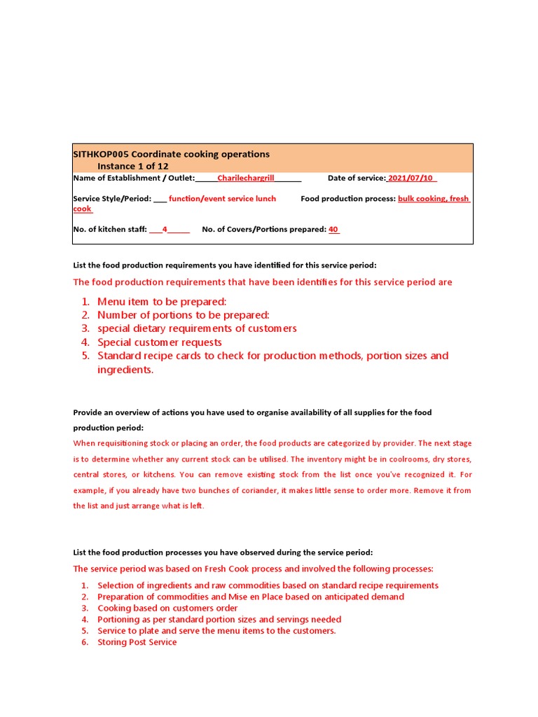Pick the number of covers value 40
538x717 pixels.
333,230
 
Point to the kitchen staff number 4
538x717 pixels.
165,230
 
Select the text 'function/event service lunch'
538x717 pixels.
222,199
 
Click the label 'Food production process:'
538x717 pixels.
348,199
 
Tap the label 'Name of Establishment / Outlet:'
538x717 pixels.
134,179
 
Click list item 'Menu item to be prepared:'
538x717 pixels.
162,302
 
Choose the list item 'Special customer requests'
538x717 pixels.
159,342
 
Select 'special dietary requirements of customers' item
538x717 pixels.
197,328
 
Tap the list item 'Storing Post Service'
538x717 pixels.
137,642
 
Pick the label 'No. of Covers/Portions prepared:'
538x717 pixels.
263,230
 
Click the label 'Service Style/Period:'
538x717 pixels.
112,199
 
